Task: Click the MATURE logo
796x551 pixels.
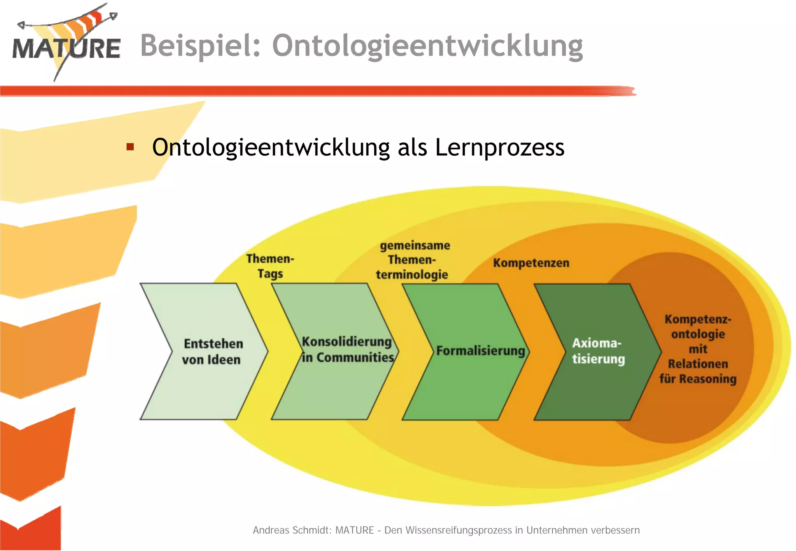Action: point(66,45)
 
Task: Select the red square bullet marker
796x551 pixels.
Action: point(130,147)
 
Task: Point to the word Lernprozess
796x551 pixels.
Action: point(499,148)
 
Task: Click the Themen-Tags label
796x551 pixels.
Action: point(270,266)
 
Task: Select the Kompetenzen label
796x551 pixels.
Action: point(531,263)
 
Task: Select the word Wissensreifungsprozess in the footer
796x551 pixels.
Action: point(459,530)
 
